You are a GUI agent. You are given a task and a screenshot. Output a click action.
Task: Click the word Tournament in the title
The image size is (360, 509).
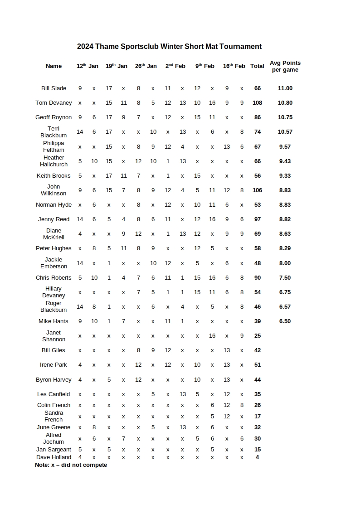point(240,46)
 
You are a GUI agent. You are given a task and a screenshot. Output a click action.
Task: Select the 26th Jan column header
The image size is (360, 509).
point(146,66)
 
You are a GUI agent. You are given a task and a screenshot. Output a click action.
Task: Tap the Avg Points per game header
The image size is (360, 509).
point(285,66)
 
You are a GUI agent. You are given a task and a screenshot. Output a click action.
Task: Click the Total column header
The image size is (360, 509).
point(257,66)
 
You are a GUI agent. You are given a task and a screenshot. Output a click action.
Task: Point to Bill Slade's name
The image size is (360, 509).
point(54,88)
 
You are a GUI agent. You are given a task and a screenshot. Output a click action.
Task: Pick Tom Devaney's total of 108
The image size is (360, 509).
point(257,103)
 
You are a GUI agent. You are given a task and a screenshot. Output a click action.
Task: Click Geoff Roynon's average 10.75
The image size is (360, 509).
point(285,117)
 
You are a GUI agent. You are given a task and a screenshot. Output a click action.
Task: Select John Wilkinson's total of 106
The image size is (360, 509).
point(257,190)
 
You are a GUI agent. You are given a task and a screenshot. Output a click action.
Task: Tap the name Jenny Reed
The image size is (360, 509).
point(54,219)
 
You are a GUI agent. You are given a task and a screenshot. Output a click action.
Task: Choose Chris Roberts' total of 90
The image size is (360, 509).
point(257,278)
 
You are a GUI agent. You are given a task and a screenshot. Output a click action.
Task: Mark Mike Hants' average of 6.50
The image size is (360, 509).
point(285,321)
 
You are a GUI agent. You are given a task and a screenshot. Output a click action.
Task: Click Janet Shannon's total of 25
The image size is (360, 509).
point(257,336)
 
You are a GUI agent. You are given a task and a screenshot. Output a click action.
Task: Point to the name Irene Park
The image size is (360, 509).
point(54,365)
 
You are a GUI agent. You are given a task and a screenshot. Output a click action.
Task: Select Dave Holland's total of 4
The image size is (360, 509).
point(257,457)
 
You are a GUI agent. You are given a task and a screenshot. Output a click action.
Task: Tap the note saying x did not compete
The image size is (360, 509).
point(71,465)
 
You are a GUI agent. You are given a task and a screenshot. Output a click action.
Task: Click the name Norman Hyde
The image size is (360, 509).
point(54,205)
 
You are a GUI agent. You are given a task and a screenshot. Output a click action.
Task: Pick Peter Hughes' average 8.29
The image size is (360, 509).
point(285,248)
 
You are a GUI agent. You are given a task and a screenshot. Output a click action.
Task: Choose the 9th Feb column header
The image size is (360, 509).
point(205,66)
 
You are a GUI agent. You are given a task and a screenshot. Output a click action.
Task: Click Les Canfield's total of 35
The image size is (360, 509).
point(257,394)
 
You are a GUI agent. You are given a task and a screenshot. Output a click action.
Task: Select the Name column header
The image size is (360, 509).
point(54,66)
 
